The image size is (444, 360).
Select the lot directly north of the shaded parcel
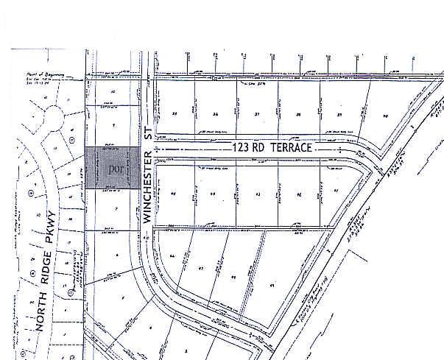coord(112,127)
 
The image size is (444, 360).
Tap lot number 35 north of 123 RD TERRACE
coord(175,114)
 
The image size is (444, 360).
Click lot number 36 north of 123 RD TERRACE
coord(216,114)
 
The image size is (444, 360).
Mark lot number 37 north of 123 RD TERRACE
coord(257,114)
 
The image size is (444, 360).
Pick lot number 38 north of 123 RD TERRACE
coord(298,114)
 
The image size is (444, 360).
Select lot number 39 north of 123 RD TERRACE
coord(339,114)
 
